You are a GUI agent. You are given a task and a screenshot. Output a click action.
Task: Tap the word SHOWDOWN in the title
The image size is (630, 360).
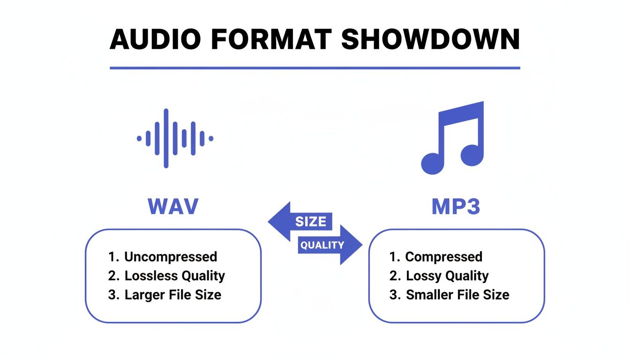pos(430,39)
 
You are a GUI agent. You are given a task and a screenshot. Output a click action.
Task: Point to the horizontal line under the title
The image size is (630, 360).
pos(315,68)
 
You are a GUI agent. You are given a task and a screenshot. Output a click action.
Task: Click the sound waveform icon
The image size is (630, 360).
pos(175,138)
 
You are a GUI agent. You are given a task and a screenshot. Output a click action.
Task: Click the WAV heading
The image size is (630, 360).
pos(173,207)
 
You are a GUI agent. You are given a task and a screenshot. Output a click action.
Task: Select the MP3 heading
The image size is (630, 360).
pos(456,207)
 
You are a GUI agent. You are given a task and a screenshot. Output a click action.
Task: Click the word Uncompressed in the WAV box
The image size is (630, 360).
pos(171,257)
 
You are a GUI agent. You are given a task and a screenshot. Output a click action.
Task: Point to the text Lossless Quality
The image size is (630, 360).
pos(174,276)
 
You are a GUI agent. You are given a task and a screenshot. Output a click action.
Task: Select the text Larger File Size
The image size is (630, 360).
pos(172,295)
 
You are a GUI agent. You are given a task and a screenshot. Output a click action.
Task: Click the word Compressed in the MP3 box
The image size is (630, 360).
pos(443,257)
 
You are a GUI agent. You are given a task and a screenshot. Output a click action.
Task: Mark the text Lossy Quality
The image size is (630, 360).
pos(447,276)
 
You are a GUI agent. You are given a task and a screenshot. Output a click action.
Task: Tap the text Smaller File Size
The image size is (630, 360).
pos(457,295)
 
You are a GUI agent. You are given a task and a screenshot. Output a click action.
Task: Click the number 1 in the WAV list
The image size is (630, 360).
pos(112,257)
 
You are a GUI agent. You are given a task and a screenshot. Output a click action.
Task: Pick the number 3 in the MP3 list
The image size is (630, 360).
pos(393,295)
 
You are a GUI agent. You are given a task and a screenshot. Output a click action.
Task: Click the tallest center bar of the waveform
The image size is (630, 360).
pos(166,138)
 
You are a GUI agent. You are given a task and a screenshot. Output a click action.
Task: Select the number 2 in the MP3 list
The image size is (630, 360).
pos(393,276)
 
